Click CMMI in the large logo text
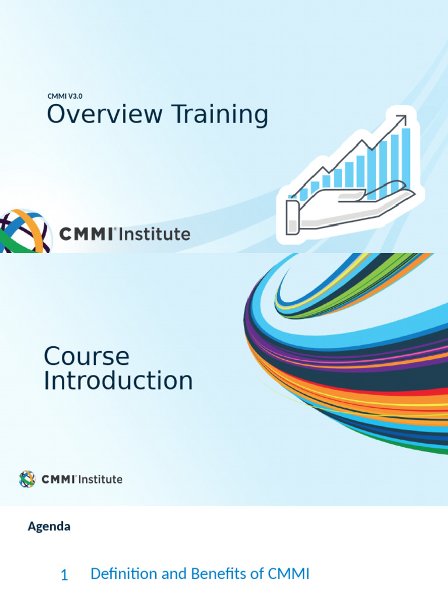pyautogui.click(x=88, y=235)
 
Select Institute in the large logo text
pyautogui.click(x=155, y=235)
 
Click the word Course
pyautogui.click(x=86, y=356)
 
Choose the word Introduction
pyautogui.click(x=118, y=381)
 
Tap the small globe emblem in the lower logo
pyautogui.click(x=27, y=479)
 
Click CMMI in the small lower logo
pyautogui.click(x=58, y=479)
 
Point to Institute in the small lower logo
pyautogui.click(x=100, y=479)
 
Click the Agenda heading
pyautogui.click(x=49, y=526)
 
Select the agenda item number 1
pyautogui.click(x=64, y=575)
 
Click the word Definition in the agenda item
pyautogui.click(x=124, y=574)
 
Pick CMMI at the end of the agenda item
pyautogui.click(x=288, y=574)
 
